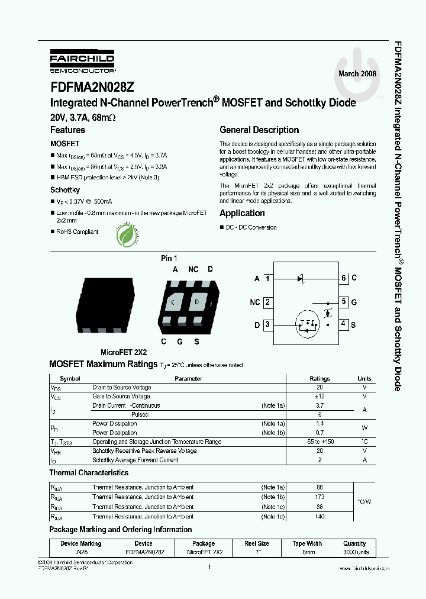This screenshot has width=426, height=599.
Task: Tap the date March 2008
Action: pos(357,73)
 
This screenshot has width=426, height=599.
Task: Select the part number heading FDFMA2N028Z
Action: pos(92,86)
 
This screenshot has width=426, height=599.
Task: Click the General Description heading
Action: pos(259,130)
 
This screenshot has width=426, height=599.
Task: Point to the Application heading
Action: pos(242,213)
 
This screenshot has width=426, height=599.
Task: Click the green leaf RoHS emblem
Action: pos(128,235)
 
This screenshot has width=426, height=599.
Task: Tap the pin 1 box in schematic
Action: pos(268,278)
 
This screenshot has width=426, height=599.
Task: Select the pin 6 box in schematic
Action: pos(343,278)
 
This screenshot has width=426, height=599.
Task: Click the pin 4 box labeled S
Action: pos(343,324)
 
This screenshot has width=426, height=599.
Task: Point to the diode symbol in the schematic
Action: pos(301,278)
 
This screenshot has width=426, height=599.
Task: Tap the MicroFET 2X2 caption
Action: pos(123,352)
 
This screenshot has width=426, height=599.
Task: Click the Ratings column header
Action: pos(319,378)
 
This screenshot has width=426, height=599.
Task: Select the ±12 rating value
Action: pos(319,396)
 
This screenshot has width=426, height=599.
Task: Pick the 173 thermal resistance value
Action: pos(319,497)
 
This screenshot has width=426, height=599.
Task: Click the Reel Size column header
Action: pos(257,543)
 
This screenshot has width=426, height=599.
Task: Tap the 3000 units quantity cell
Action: pos(354,552)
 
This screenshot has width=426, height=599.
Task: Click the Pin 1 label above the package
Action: pos(169,258)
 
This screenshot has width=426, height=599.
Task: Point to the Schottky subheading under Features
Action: pos(65,190)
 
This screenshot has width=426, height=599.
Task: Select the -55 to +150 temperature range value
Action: pos(319,442)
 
